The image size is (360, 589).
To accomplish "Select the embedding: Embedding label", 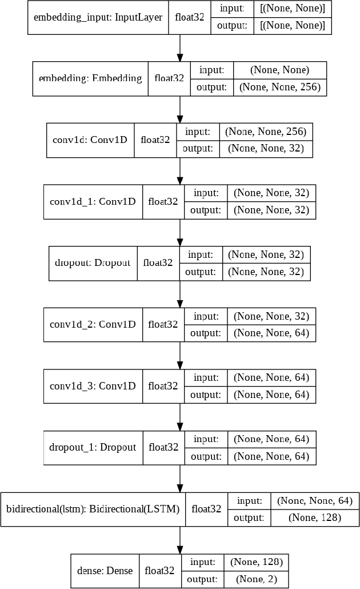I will click(90, 78).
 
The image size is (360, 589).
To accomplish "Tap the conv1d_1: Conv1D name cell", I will click(93, 201).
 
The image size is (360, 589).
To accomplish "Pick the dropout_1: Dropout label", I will click(93, 447).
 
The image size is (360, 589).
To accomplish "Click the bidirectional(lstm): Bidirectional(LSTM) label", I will click(93, 508).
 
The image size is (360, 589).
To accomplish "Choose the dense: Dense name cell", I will click(105, 570).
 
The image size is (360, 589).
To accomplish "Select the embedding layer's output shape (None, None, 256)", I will click(280, 87).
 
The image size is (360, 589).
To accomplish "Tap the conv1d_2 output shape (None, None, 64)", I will click(271, 333).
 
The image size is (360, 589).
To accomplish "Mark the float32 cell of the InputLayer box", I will click(191, 17).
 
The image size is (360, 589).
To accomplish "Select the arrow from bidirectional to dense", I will click(180, 539).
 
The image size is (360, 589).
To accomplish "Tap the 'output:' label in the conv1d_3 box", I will click(205, 395).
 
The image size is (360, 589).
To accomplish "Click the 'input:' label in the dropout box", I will click(200, 254).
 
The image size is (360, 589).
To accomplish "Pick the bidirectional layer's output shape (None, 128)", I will click(314, 518).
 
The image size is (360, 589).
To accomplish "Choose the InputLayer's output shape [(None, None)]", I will click(293, 26).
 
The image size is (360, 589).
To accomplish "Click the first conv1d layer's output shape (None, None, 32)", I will click(270, 149).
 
